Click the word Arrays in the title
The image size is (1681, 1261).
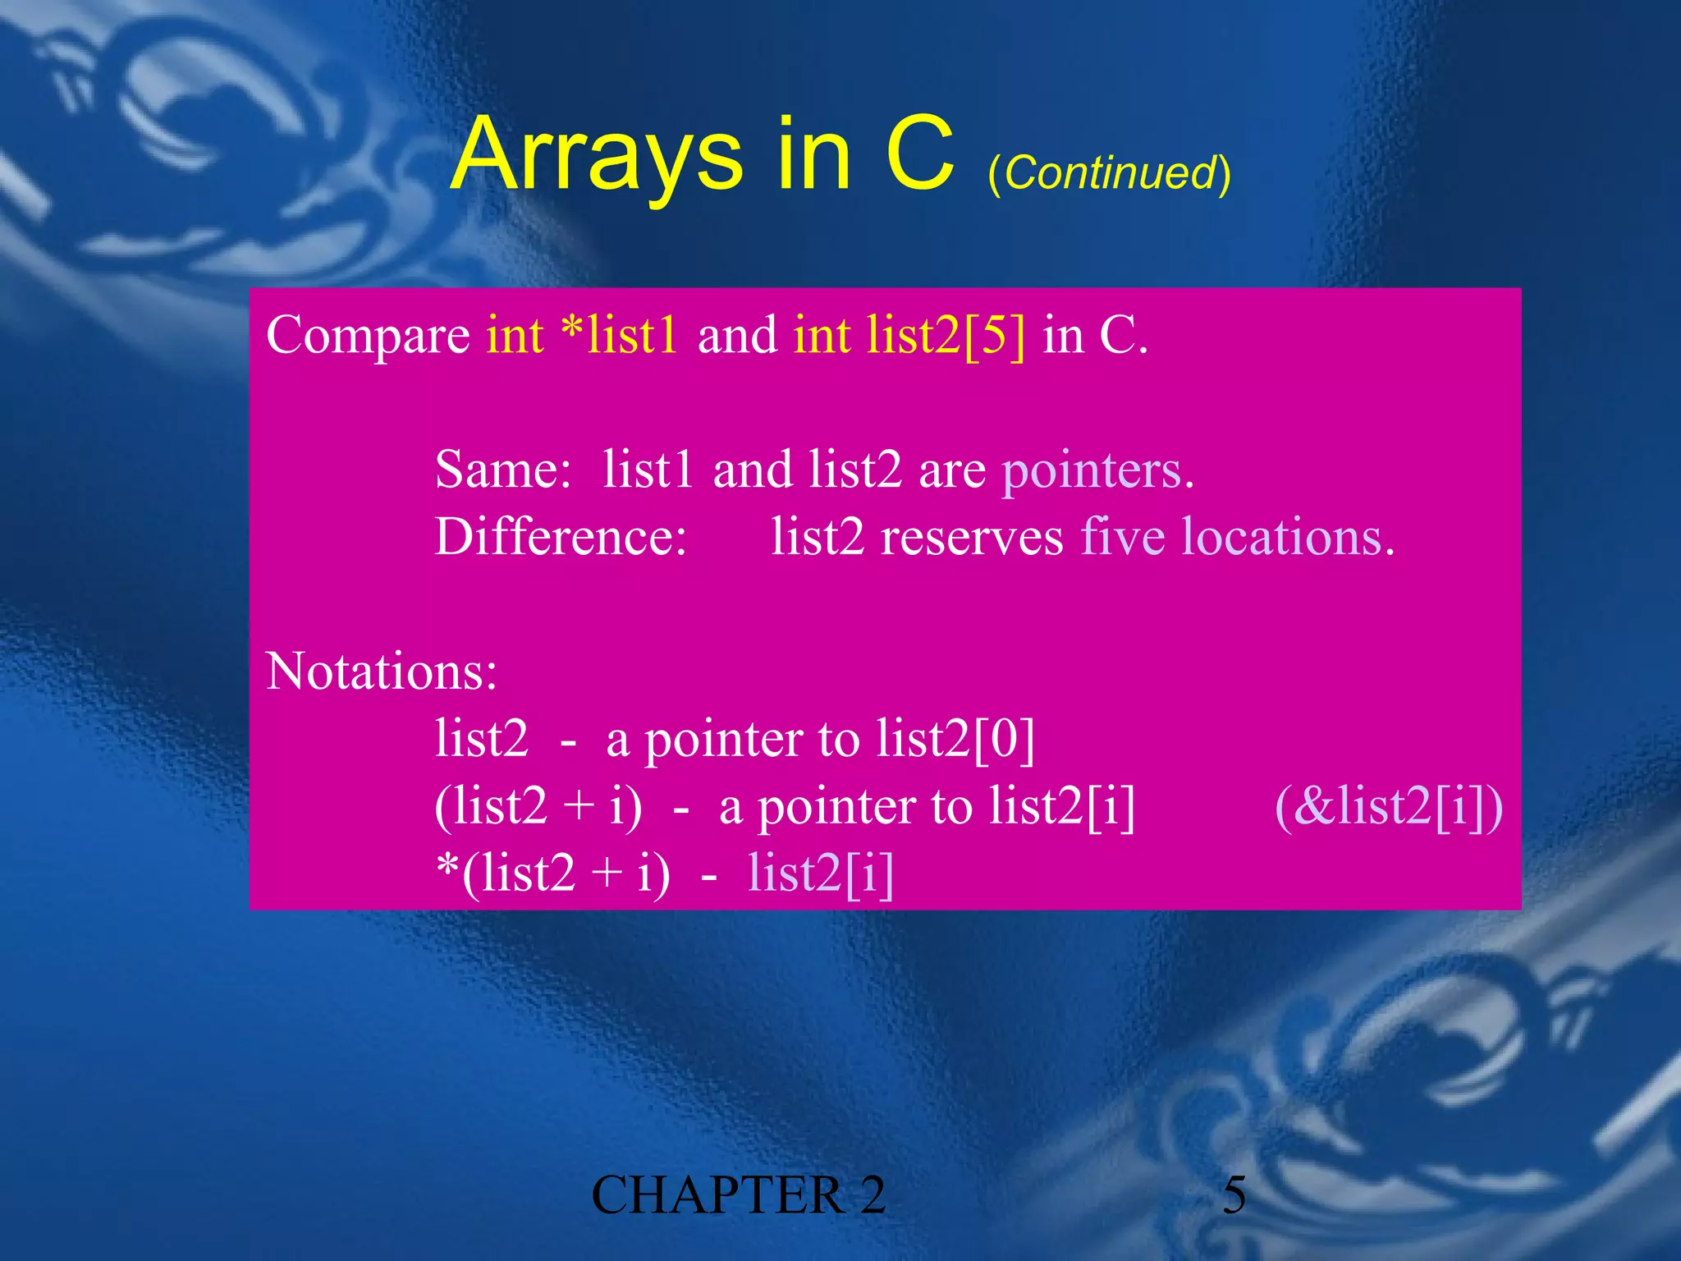[597, 156]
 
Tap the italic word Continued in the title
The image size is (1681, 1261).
[1109, 173]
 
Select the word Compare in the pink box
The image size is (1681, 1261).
[368, 337]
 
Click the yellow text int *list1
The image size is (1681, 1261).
[582, 335]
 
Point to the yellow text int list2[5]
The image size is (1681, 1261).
[909, 335]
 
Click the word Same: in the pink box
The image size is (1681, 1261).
[503, 470]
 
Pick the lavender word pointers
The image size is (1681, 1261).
[1092, 470]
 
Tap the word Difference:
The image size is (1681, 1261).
[561, 538]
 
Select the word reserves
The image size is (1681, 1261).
[972, 538]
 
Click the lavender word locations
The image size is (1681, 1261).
[1282, 538]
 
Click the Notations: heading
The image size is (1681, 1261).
[382, 672]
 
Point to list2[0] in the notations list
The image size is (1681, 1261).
[955, 739]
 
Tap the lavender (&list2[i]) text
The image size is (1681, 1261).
[1389, 806]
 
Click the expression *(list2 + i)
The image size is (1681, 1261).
[552, 873]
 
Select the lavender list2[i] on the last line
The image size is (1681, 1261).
[820, 873]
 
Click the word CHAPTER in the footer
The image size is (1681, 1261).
[717, 1195]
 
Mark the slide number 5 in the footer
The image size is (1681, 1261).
[1234, 1195]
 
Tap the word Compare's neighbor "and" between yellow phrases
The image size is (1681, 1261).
[737, 335]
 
